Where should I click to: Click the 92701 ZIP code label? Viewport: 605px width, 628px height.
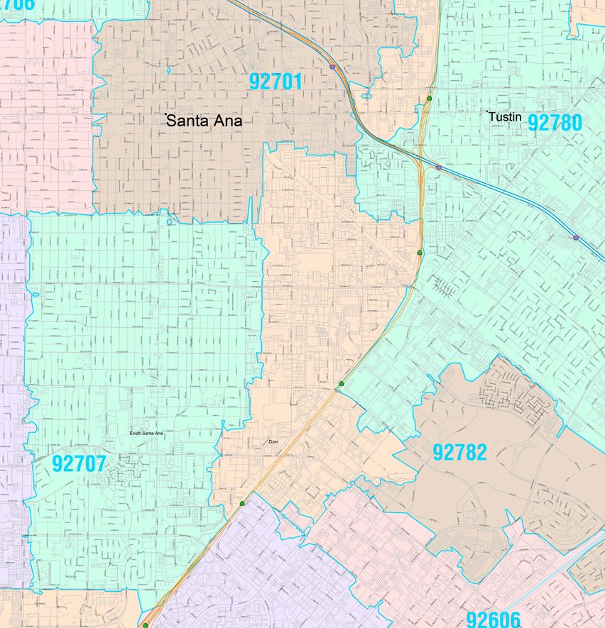pos(276,82)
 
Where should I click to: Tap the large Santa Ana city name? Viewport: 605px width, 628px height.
pos(205,121)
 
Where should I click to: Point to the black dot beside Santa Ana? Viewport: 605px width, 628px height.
pos(166,114)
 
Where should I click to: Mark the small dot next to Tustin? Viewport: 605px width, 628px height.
pos(489,112)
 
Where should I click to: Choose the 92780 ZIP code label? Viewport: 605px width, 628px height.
pos(555,123)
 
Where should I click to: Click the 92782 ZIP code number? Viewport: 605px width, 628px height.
pos(459,452)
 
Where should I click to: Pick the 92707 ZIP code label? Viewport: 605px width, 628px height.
pos(79,464)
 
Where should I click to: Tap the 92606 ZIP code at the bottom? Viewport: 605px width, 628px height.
pos(494,619)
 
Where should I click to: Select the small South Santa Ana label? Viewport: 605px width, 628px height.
pos(146,433)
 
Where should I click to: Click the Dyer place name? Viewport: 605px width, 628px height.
pos(276,441)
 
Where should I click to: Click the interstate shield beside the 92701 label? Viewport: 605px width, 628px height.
pos(332,67)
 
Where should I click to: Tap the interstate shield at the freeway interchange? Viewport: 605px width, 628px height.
pos(439,167)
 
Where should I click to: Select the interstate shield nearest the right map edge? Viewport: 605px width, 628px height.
pos(575,238)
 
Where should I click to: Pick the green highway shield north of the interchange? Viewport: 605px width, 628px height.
pos(429,98)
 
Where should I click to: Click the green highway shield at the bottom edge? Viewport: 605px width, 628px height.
pos(145,625)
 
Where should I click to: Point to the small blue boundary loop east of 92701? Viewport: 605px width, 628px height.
pos(366,96)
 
